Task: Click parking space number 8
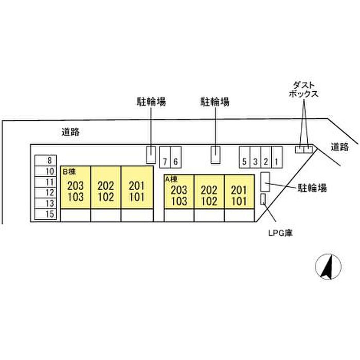coord(45,160)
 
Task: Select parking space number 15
coord(45,214)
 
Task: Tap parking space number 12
coord(45,193)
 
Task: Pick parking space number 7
coord(165,157)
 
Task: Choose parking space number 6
coord(176,157)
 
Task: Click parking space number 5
coord(244,157)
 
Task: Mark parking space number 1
coord(277,157)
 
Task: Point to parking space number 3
coord(255,157)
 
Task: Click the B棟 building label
coord(69,171)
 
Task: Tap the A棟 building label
coord(171,179)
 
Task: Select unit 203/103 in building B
coord(76,187)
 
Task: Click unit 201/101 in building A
coord(239,192)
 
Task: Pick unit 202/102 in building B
coord(106,187)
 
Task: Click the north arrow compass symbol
coord(328,267)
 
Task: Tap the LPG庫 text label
coord(281,233)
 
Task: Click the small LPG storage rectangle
coord(263,199)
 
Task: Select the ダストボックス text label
coord(303,90)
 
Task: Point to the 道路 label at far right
coord(340,147)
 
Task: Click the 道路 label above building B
coord(70,132)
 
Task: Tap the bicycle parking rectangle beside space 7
coord(151,155)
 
